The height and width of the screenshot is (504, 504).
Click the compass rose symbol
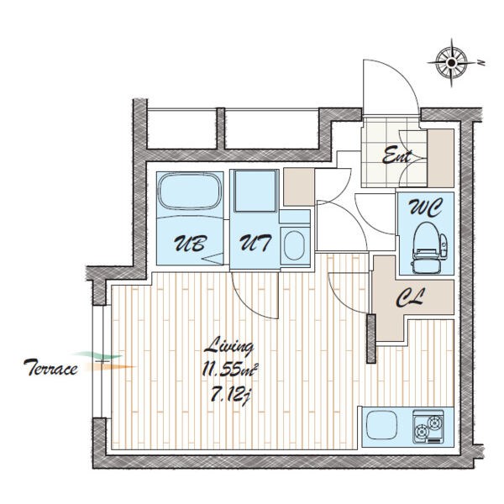pyautogui.click(x=451, y=62)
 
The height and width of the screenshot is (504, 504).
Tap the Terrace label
pyautogui.click(x=50, y=368)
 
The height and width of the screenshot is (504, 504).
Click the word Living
pyautogui.click(x=229, y=346)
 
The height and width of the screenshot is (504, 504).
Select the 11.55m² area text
pyautogui.click(x=230, y=370)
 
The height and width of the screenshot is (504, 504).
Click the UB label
pyautogui.click(x=190, y=243)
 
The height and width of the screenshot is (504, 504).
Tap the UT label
pyautogui.click(x=256, y=243)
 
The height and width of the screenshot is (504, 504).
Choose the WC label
pyautogui.click(x=425, y=208)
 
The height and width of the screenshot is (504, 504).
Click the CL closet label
pyautogui.click(x=411, y=297)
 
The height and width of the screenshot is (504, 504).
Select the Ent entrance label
pyautogui.click(x=396, y=155)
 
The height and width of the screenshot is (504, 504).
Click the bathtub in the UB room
pyautogui.click(x=190, y=192)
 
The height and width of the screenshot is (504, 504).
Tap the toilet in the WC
pyautogui.click(x=428, y=248)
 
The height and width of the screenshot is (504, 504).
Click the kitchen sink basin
pyautogui.click(x=381, y=425)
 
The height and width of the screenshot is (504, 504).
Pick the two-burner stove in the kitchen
pyautogui.click(x=428, y=426)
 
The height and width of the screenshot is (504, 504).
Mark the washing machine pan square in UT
pyautogui.click(x=255, y=191)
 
